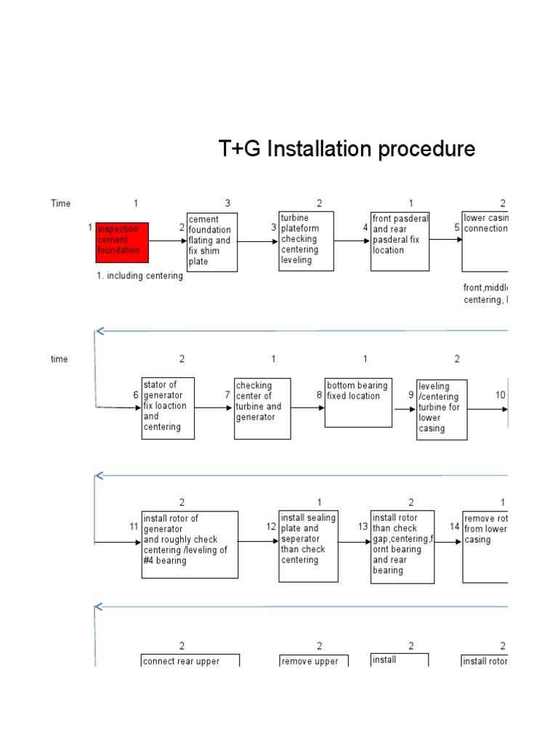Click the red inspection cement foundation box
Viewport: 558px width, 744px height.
pyautogui.click(x=122, y=242)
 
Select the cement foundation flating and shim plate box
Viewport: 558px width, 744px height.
pyautogui.click(x=211, y=242)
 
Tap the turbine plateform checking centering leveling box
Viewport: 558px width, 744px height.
pyautogui.click(x=306, y=240)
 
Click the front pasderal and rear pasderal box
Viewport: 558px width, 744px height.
pyautogui.click(x=400, y=241)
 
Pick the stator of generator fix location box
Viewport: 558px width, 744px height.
pyautogui.click(x=168, y=408)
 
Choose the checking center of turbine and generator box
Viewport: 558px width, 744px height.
pyautogui.click(x=262, y=408)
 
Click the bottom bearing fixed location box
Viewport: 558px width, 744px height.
pyautogui.click(x=356, y=402)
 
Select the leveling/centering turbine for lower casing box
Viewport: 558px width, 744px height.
pyautogui.click(x=442, y=409)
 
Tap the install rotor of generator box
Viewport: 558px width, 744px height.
pyautogui.click(x=190, y=544)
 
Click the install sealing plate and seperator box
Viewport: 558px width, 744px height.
pyautogui.click(x=308, y=546)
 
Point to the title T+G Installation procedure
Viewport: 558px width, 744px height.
pyautogui.click(x=347, y=149)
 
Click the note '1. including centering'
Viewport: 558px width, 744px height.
pyautogui.click(x=139, y=276)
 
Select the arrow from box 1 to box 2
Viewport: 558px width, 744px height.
pyautogui.click(x=167, y=242)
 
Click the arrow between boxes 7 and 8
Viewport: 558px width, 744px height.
pyautogui.click(x=307, y=408)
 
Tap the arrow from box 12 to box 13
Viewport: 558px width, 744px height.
pyautogui.click(x=354, y=542)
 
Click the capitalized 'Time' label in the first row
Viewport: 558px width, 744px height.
pyautogui.click(x=61, y=203)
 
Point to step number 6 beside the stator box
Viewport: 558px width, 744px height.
pyautogui.click(x=135, y=395)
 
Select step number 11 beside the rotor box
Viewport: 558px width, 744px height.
pyautogui.click(x=134, y=526)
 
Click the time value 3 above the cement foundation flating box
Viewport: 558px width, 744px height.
pyautogui.click(x=227, y=203)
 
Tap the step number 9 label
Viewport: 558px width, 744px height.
pyautogui.click(x=411, y=395)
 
